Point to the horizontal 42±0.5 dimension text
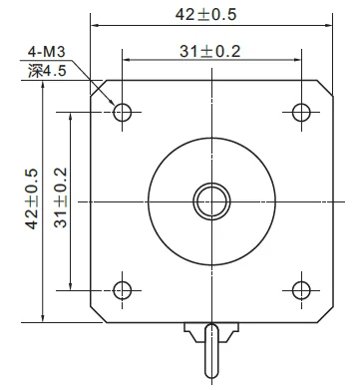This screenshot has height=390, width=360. pyautogui.click(x=205, y=14)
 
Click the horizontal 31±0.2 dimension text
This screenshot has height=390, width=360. pyautogui.click(x=209, y=51)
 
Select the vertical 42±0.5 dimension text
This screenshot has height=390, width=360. pyautogui.click(x=32, y=198)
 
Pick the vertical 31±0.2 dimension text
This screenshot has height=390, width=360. pyautogui.click(x=61, y=197)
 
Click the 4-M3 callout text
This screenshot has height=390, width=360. pyautogui.click(x=47, y=52)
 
